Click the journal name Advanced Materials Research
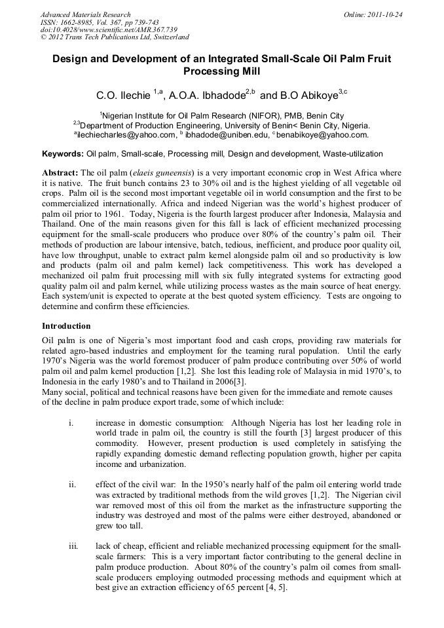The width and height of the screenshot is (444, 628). pyautogui.click(x=86, y=14)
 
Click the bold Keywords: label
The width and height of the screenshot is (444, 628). pyautogui.click(x=63, y=155)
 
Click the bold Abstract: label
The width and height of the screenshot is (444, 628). pyautogui.click(x=60, y=172)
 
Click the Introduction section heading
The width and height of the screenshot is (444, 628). pyautogui.click(x=66, y=325)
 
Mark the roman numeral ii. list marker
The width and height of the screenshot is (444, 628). pyautogui.click(x=72, y=485)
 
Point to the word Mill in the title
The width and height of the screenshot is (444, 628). pyautogui.click(x=247, y=71)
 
